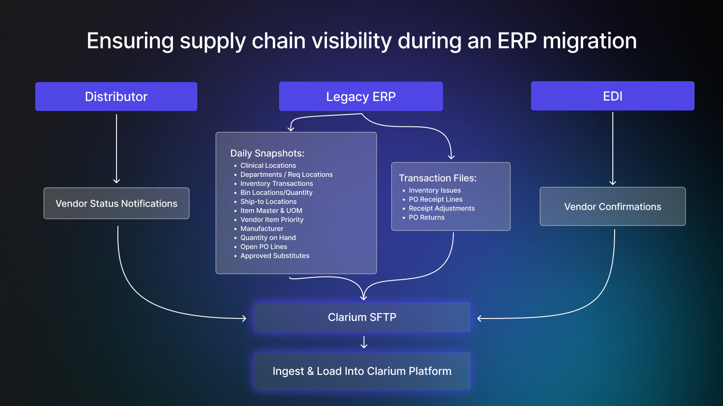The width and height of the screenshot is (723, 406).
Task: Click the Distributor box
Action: (116, 97)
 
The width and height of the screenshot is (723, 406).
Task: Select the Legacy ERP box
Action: (361, 97)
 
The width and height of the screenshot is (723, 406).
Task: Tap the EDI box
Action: (612, 96)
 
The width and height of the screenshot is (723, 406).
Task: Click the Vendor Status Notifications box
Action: (117, 203)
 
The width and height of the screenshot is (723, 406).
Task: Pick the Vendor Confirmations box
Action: (612, 207)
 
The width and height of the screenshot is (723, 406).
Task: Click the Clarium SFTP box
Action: (362, 317)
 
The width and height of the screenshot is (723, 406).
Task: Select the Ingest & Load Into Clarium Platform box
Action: (362, 371)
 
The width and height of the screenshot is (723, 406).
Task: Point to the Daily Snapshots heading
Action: (267, 153)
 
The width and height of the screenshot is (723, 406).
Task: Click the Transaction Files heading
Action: (438, 178)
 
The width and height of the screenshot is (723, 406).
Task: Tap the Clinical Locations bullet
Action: (268, 166)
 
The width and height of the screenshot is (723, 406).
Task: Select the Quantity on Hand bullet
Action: (268, 238)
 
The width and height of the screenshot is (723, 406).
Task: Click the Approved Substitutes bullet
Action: (275, 256)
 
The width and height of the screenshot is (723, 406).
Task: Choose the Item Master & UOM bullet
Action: (271, 211)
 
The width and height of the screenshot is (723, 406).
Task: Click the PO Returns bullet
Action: (427, 217)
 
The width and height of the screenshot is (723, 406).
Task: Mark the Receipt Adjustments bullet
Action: (442, 208)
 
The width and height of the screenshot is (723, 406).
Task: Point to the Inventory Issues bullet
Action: (435, 190)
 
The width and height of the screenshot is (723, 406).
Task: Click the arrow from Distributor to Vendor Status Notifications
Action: (117, 149)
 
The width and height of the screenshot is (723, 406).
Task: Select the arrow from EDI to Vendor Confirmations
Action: (613, 149)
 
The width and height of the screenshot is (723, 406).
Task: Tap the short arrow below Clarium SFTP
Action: (364, 342)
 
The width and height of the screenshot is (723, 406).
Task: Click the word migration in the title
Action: (589, 41)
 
